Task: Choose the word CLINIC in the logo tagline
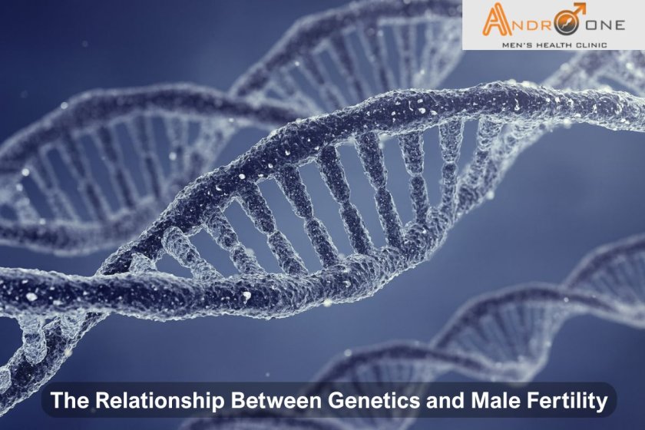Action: [x=590, y=45]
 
